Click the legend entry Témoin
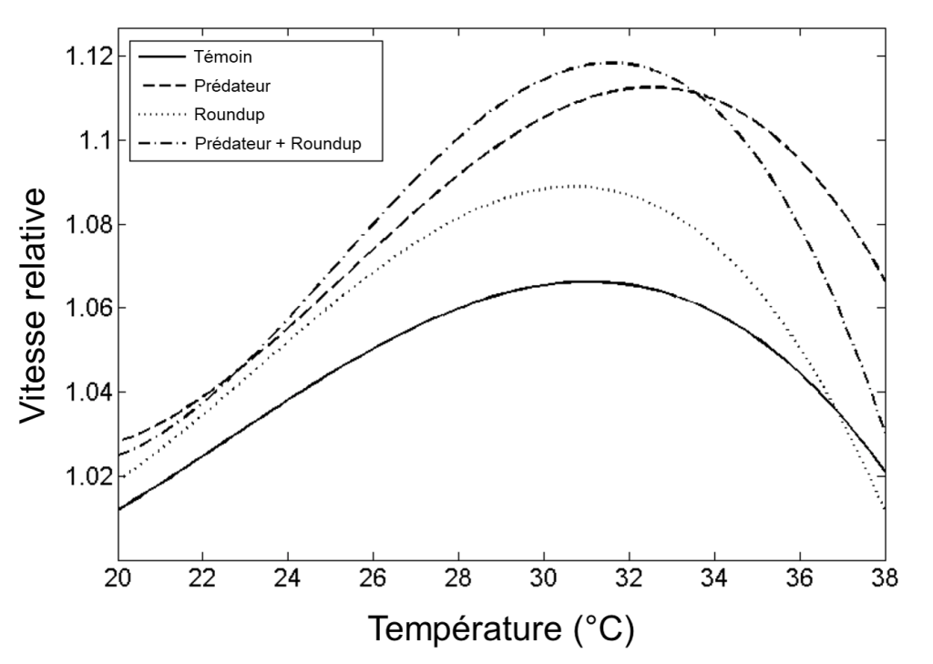click(223, 56)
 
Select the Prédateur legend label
click(232, 85)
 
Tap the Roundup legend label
click(229, 114)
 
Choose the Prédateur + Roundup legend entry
click(279, 143)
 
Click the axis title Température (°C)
click(499, 629)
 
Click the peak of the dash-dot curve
click(607, 63)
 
